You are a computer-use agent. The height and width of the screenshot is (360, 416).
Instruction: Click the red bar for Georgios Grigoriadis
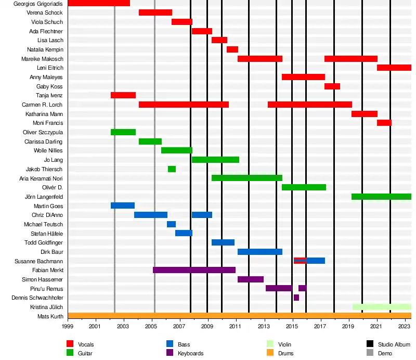coord(99,3)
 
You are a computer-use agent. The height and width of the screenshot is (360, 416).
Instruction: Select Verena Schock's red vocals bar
coord(155,12)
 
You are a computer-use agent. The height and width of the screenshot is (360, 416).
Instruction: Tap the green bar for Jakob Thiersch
coord(172,169)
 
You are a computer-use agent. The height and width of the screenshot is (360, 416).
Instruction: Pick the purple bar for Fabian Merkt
coord(194,270)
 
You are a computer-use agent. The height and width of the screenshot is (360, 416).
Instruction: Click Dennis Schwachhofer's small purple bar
coord(296,298)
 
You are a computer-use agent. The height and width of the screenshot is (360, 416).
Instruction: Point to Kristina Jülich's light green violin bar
coord(382,307)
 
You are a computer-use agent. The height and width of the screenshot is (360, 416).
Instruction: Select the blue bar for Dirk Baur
coord(260,252)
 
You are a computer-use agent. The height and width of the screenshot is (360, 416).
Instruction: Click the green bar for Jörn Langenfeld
coord(381,197)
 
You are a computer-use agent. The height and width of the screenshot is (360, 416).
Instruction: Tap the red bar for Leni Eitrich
coord(394,68)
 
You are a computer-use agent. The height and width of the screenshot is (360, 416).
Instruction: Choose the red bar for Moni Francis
coord(384,123)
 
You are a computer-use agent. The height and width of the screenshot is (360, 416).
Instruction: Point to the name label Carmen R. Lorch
coord(43,105)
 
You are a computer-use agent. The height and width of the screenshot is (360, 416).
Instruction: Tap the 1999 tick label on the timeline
coord(68,327)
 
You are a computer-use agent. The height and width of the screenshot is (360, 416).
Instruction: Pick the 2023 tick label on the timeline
coord(405,327)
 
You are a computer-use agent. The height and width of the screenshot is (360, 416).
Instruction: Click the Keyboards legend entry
coord(190,353)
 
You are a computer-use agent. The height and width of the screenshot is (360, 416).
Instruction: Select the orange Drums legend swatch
coord(270,353)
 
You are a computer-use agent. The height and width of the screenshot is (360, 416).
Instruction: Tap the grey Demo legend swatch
coord(370,353)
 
